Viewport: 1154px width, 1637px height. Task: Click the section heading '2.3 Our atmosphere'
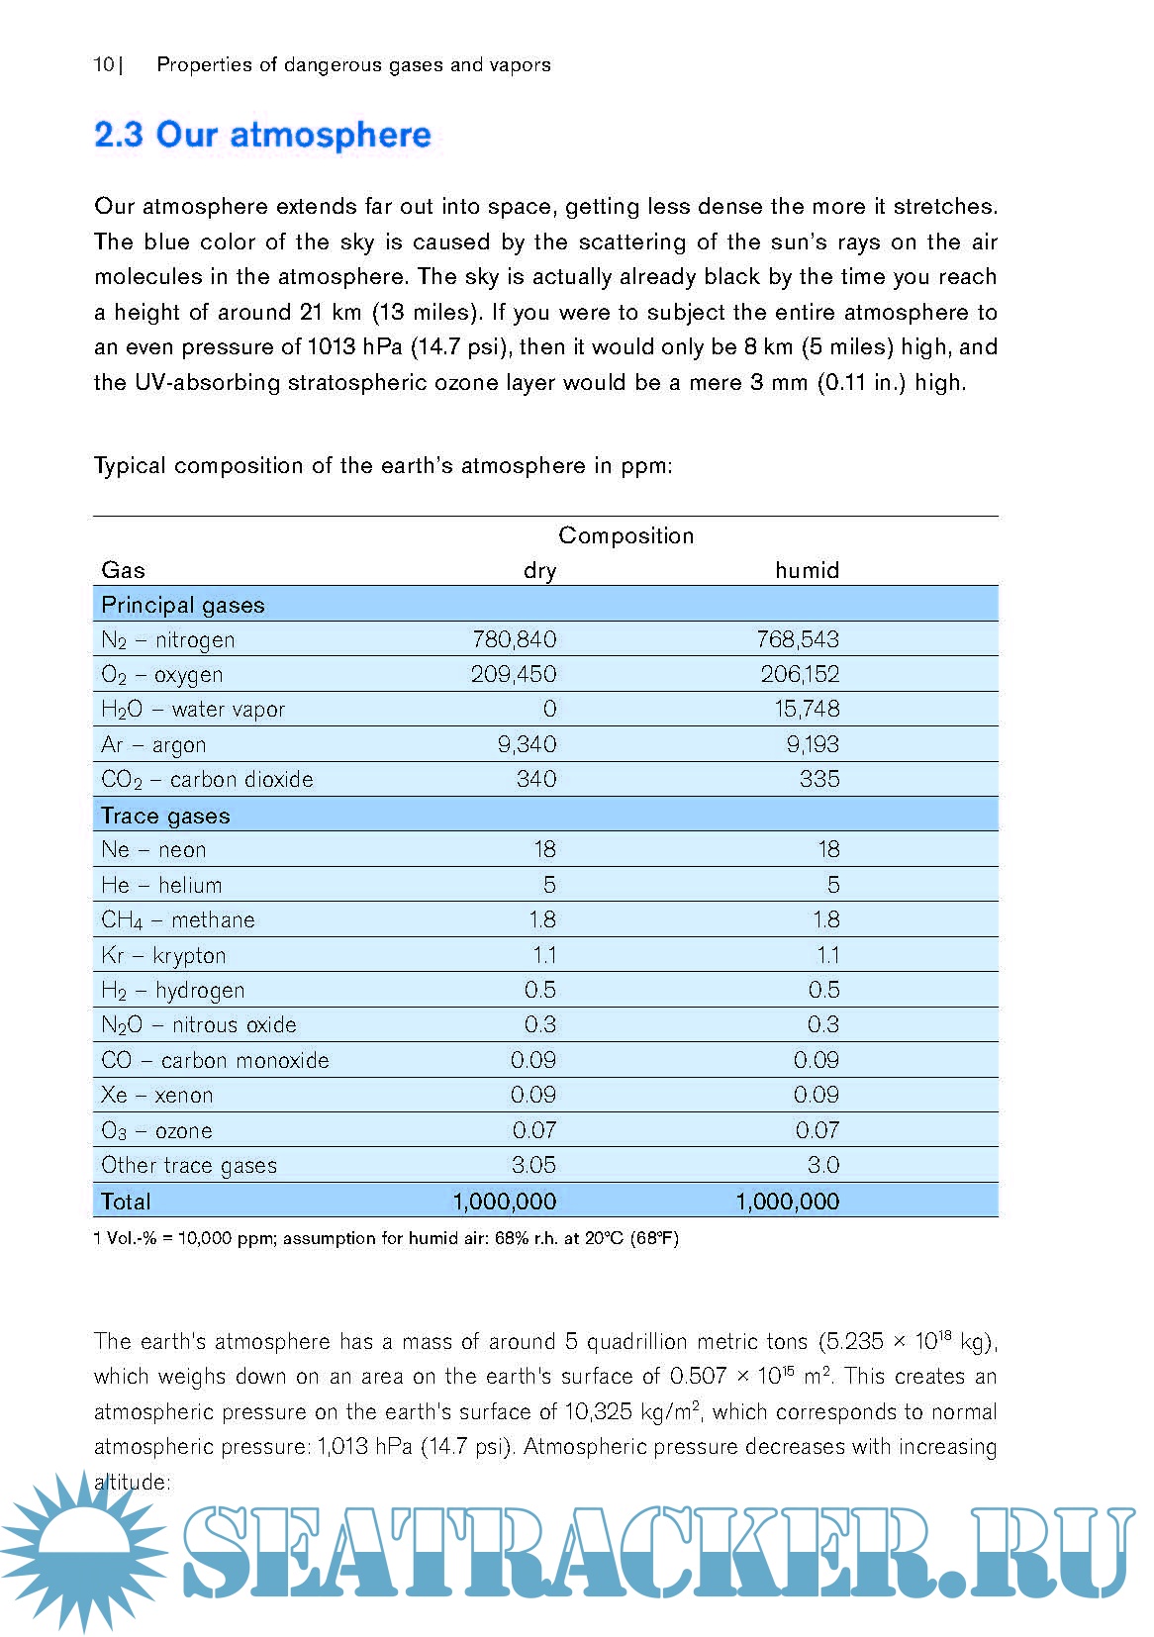(262, 135)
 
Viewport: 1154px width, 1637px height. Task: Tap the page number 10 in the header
(104, 65)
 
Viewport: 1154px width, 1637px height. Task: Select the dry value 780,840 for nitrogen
(515, 639)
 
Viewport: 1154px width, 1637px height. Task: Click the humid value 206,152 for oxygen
(800, 674)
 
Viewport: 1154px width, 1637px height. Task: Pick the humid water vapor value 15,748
(807, 709)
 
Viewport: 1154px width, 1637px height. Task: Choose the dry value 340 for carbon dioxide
(536, 779)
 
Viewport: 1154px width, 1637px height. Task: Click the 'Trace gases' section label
(165, 816)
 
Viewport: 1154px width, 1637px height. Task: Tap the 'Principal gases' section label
(183, 605)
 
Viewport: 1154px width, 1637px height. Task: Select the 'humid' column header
(807, 570)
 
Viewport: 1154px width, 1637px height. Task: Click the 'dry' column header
(539, 571)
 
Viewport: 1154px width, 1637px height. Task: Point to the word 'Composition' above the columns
(625, 535)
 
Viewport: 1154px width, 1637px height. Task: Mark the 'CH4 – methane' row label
(178, 920)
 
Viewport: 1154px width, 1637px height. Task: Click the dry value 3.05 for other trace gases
(533, 1165)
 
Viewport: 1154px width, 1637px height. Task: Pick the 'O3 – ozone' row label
(156, 1130)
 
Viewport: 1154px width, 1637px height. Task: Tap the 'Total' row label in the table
(126, 1202)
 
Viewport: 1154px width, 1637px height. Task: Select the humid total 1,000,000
(787, 1202)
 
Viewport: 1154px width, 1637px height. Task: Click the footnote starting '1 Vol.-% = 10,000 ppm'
(386, 1238)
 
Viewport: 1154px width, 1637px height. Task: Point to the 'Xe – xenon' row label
(156, 1095)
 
